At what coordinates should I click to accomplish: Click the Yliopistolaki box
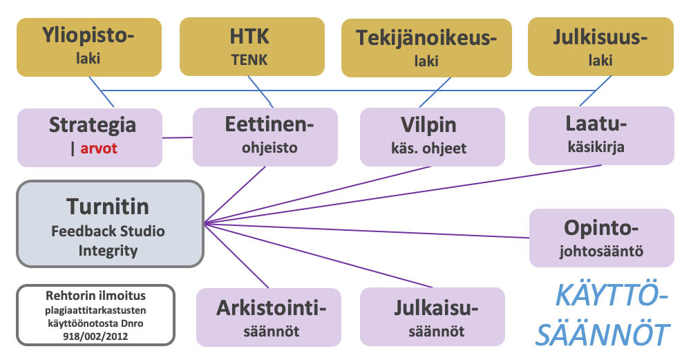[x=89, y=46]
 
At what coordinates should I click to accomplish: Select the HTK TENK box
[x=252, y=46]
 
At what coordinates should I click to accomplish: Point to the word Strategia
[x=92, y=126]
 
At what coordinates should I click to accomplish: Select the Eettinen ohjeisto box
[x=265, y=136]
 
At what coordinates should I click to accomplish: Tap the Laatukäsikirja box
[x=600, y=135]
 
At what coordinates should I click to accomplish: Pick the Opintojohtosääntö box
[x=600, y=238]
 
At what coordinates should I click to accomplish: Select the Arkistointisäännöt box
[x=269, y=316]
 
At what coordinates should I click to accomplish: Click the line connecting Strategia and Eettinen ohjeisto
[x=177, y=138]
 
